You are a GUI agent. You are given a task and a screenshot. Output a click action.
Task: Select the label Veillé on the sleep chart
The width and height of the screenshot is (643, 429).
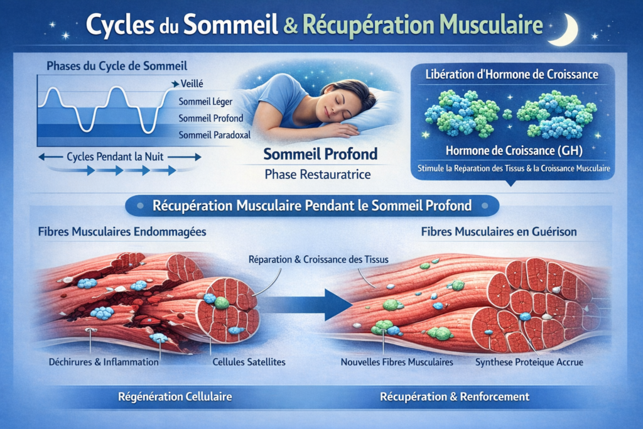click(192, 84)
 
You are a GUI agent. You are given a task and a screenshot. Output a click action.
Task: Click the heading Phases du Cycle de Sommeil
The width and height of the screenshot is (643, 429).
click(117, 65)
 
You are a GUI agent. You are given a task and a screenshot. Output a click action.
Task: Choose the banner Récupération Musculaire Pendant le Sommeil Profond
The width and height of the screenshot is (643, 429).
click(312, 205)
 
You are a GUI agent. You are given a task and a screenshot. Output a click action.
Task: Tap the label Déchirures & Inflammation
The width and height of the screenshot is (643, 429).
click(103, 362)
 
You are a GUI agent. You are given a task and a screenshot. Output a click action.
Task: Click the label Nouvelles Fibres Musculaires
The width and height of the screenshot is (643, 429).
click(397, 362)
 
